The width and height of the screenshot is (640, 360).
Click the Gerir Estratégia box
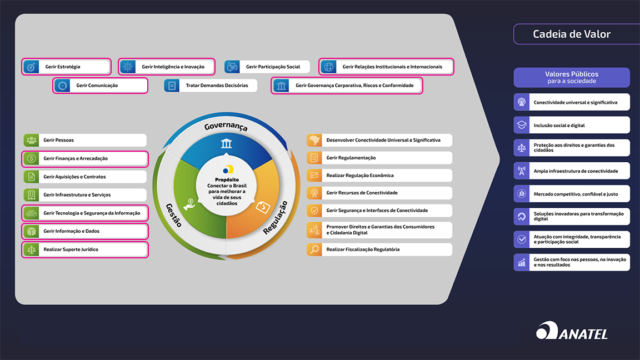pos(67,67)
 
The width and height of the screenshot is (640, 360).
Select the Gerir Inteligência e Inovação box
pos(167,67)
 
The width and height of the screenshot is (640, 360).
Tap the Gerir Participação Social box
pos(267,67)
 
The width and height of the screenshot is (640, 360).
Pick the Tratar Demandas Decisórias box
pos(211,86)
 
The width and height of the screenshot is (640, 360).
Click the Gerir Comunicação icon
pos(62,86)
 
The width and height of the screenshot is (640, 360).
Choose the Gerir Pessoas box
pos(85,140)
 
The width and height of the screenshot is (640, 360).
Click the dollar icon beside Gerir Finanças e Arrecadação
pos(31,159)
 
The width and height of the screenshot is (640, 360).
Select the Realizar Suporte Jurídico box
pos(85,249)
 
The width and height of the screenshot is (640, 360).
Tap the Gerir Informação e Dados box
pos(85,231)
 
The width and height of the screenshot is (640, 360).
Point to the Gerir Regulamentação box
pos(379,158)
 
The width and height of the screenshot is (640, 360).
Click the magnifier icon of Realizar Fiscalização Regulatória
pos(314,249)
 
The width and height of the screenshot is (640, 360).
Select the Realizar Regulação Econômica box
pos(379,176)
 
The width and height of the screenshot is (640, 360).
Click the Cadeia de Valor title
pos(571,34)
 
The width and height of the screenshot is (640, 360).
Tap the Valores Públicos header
pos(572,77)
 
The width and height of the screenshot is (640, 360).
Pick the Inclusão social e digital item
pos(572,125)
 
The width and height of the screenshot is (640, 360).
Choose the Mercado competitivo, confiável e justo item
pos(572,194)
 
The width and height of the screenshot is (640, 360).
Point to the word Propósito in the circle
pos(227,179)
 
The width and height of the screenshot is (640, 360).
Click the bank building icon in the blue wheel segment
pos(226,144)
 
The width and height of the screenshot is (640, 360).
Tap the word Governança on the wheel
pos(226,126)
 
